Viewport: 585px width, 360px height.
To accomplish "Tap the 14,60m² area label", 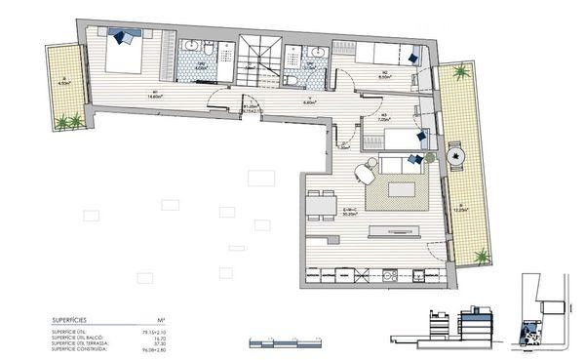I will point(154,96).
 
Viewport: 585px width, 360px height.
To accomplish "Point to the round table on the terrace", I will point(455,154).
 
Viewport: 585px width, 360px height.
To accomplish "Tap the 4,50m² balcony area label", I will point(65,84).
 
